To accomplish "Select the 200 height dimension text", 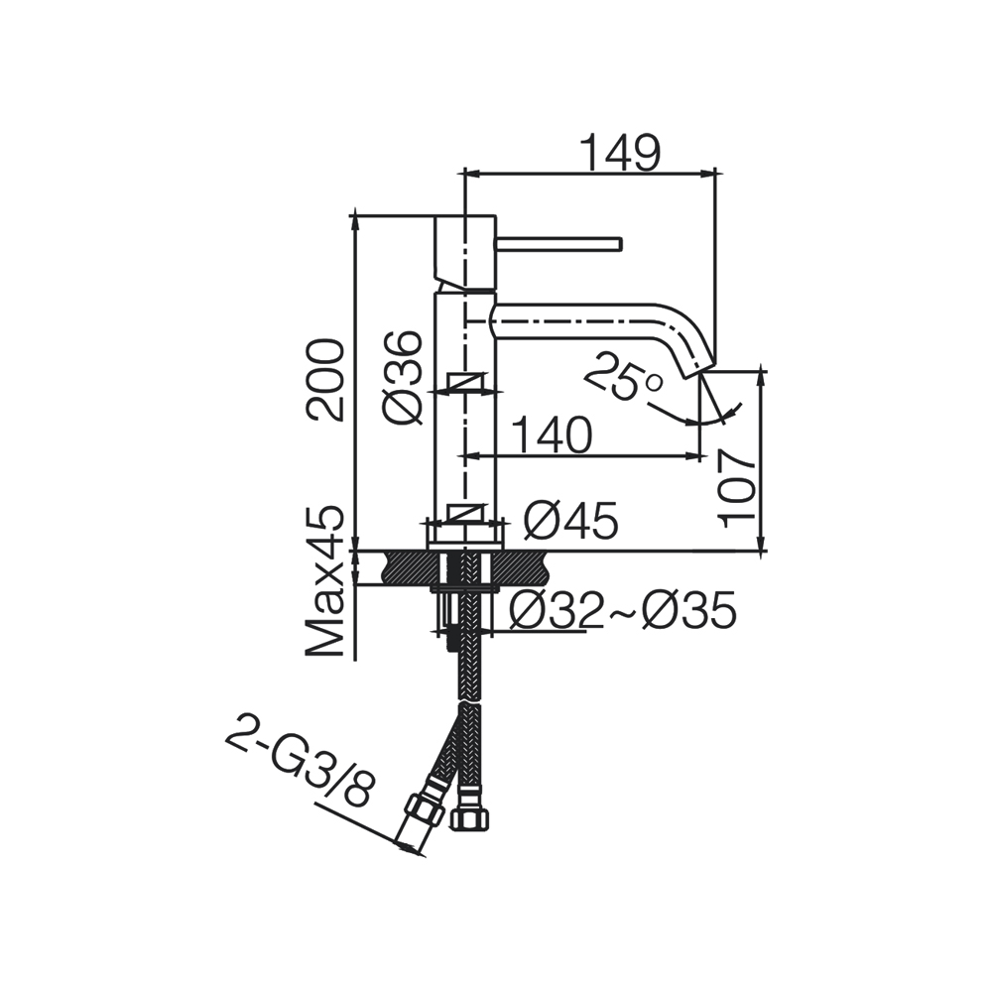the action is [x=324, y=380].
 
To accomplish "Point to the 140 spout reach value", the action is [x=551, y=435].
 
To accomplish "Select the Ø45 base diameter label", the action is [x=570, y=522].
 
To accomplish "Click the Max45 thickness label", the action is [x=324, y=581].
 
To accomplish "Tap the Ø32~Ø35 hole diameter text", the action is [x=623, y=610].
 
